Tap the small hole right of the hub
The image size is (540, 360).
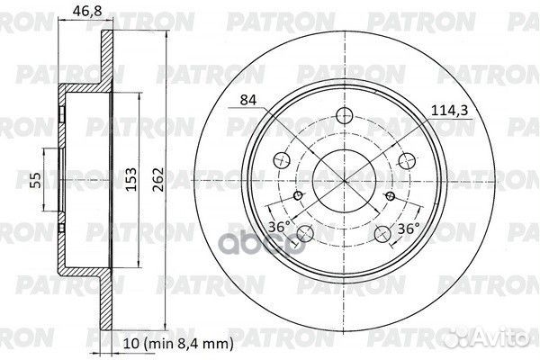[x=389, y=196]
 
